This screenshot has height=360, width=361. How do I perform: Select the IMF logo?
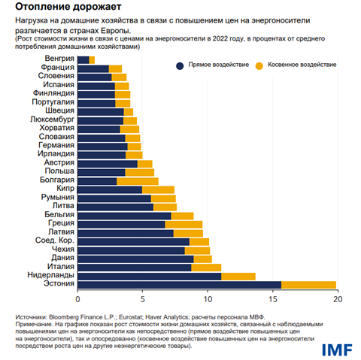click(337, 349)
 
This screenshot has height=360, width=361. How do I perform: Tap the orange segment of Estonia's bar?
click(308, 284)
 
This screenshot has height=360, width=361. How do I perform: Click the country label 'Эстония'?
click(59, 284)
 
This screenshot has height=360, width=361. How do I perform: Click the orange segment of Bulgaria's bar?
click(137, 180)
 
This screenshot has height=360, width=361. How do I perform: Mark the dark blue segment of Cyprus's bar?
click(110, 189)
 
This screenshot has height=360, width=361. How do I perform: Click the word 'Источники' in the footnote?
click(32, 317)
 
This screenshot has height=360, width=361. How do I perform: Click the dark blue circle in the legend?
click(180, 65)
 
